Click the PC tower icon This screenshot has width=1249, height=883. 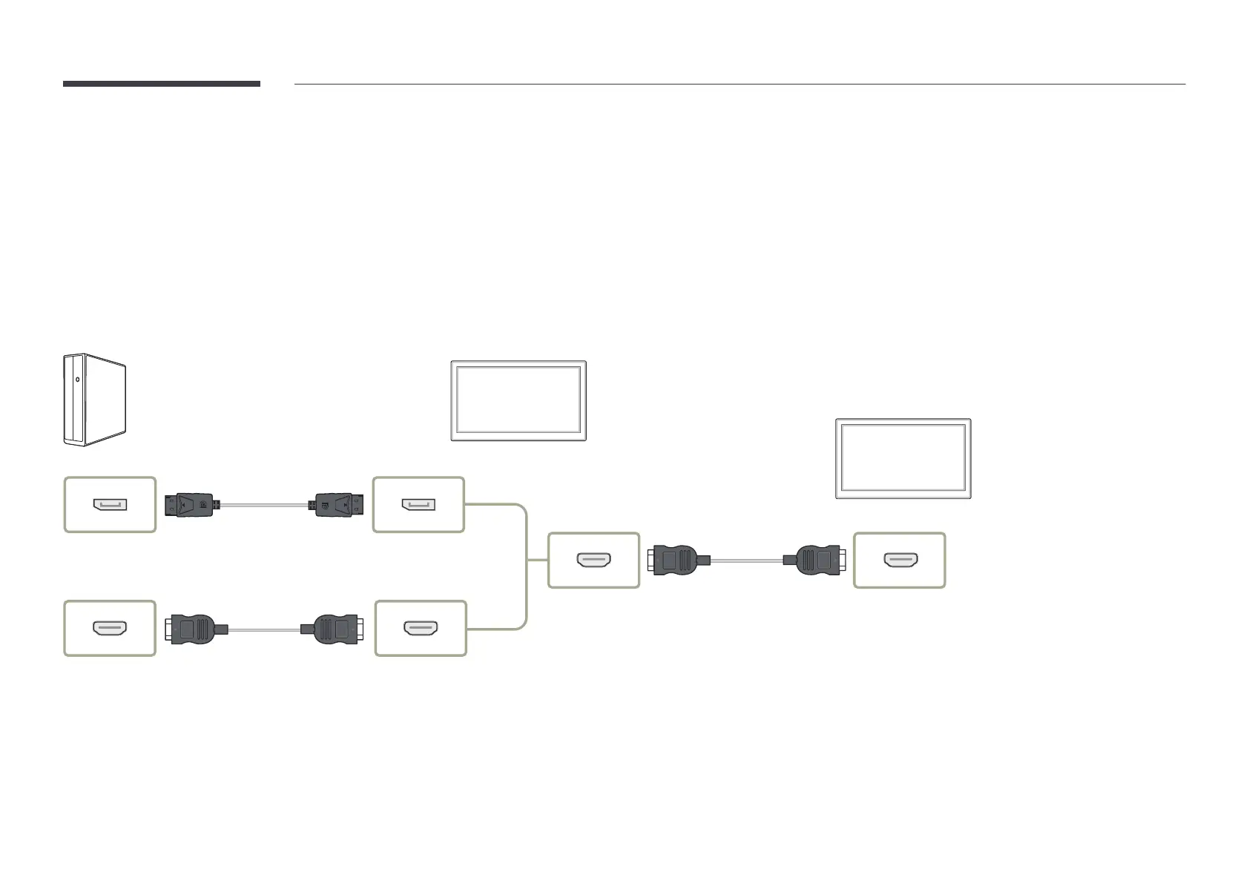pos(94,400)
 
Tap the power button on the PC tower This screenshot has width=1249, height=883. pos(77,383)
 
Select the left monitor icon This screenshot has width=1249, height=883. pos(518,401)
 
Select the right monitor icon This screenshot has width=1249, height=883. pos(903,458)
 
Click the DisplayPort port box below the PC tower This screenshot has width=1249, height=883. pos(110,505)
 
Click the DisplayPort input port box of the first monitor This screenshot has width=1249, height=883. pos(418,505)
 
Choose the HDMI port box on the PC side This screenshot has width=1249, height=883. pos(110,629)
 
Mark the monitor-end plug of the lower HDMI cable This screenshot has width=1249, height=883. pos(334,629)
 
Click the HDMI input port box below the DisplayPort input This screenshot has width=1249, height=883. pos(421,629)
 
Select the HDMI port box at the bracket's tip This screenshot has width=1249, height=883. pos(593,560)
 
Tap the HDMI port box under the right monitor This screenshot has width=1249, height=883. pos(900,560)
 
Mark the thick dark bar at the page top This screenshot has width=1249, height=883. pos(162,84)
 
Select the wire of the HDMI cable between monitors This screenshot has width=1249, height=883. pos(746,560)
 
